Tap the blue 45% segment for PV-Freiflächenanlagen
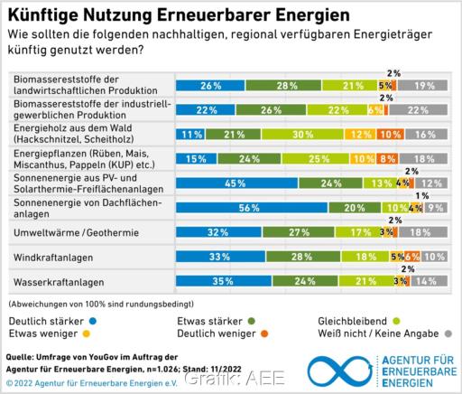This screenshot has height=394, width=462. coord(236,183)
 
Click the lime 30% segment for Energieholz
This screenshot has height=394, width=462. coord(280,134)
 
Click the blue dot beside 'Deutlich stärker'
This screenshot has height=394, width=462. coord(94,320)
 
